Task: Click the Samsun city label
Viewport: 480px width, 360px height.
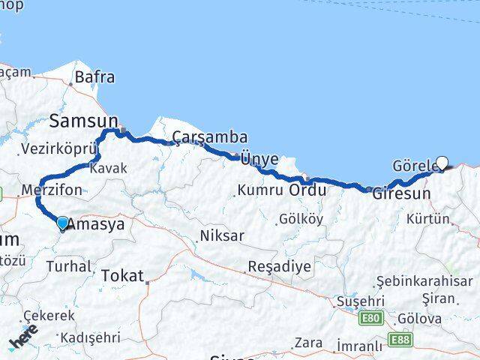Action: [83, 120]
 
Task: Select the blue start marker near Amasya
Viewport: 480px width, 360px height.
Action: [62, 223]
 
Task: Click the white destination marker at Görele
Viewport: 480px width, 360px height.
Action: [442, 162]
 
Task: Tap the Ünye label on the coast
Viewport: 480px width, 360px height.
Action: [259, 158]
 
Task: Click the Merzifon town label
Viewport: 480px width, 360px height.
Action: [52, 190]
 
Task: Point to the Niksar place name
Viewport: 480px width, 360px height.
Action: [222, 235]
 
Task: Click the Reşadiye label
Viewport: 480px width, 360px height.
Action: [280, 267]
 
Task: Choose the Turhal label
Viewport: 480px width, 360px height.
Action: [69, 265]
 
